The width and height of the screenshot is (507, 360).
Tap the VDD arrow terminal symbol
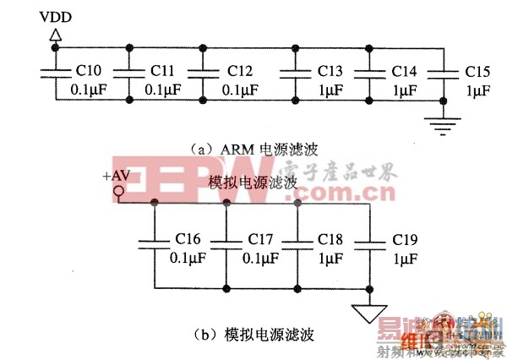[x=55, y=35]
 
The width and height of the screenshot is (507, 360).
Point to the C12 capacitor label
[x=240, y=70]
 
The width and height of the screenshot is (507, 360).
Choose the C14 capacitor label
[x=403, y=70]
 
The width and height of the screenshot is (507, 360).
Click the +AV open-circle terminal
[x=119, y=192]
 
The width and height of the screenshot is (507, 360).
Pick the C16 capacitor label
[x=188, y=239]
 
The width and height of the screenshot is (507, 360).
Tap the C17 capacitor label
[x=260, y=239]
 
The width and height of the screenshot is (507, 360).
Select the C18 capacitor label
[x=331, y=239]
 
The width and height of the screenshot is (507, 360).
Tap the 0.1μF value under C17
[x=260, y=258]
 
